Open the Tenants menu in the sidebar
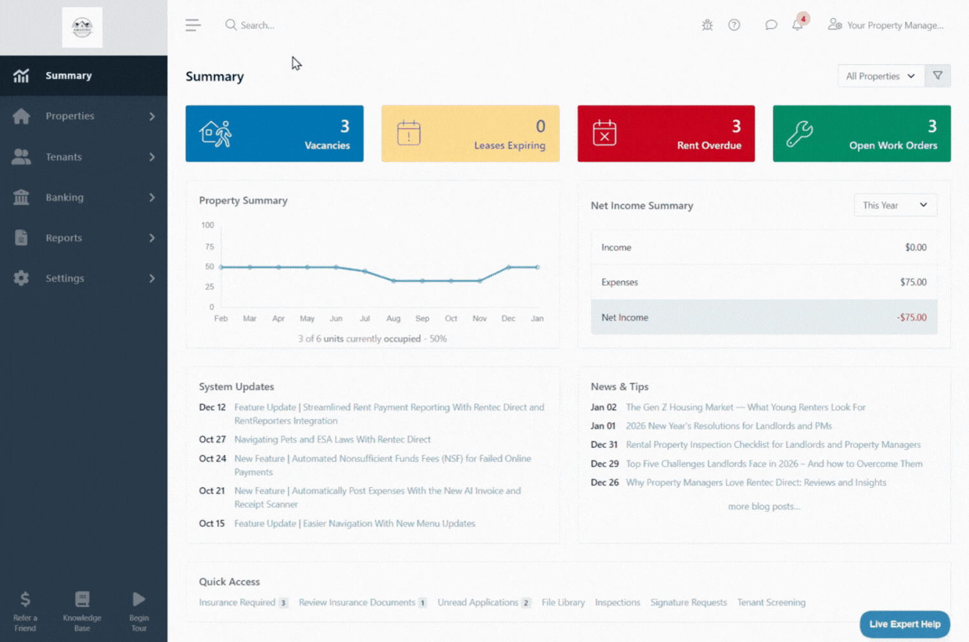(x=63, y=157)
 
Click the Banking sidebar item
(x=65, y=197)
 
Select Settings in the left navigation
(x=65, y=278)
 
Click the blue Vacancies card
(x=274, y=133)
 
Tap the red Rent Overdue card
(x=666, y=133)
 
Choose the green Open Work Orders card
(x=861, y=133)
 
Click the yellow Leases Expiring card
(x=470, y=133)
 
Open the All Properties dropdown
(x=880, y=76)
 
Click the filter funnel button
(x=937, y=76)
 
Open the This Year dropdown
(x=895, y=205)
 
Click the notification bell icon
(x=798, y=25)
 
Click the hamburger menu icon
(x=193, y=25)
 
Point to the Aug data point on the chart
(x=394, y=281)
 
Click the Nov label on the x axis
(x=480, y=318)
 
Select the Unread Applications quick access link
(x=478, y=603)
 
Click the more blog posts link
(x=764, y=506)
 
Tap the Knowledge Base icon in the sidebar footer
(x=82, y=600)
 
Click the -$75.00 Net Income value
(x=911, y=317)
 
